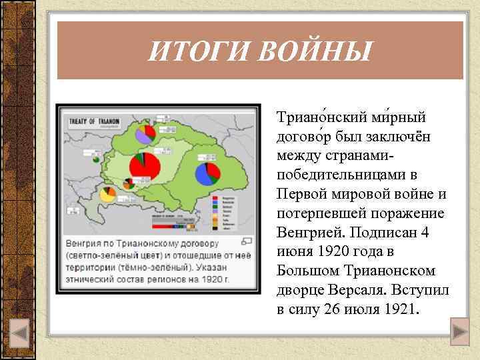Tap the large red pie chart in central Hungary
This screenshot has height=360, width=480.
click(x=145, y=166)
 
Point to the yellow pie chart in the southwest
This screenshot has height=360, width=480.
click(x=107, y=194)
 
